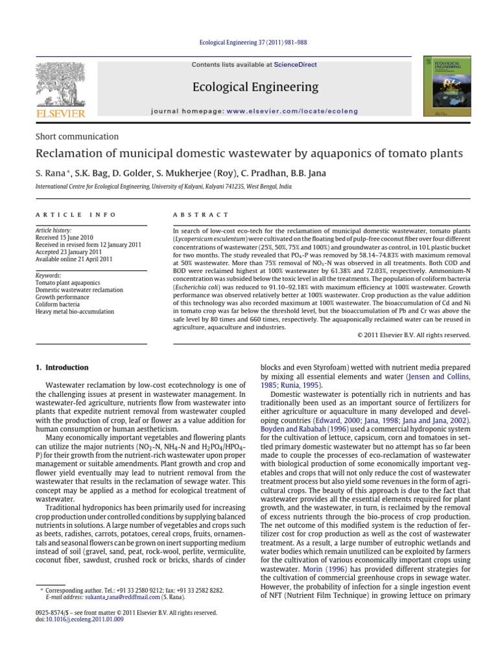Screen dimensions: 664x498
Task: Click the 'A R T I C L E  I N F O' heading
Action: click(76, 215)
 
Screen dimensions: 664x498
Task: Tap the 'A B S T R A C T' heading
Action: click(200, 215)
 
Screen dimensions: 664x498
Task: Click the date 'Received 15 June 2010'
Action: click(66, 237)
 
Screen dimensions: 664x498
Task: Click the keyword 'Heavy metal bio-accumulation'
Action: click(75, 311)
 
